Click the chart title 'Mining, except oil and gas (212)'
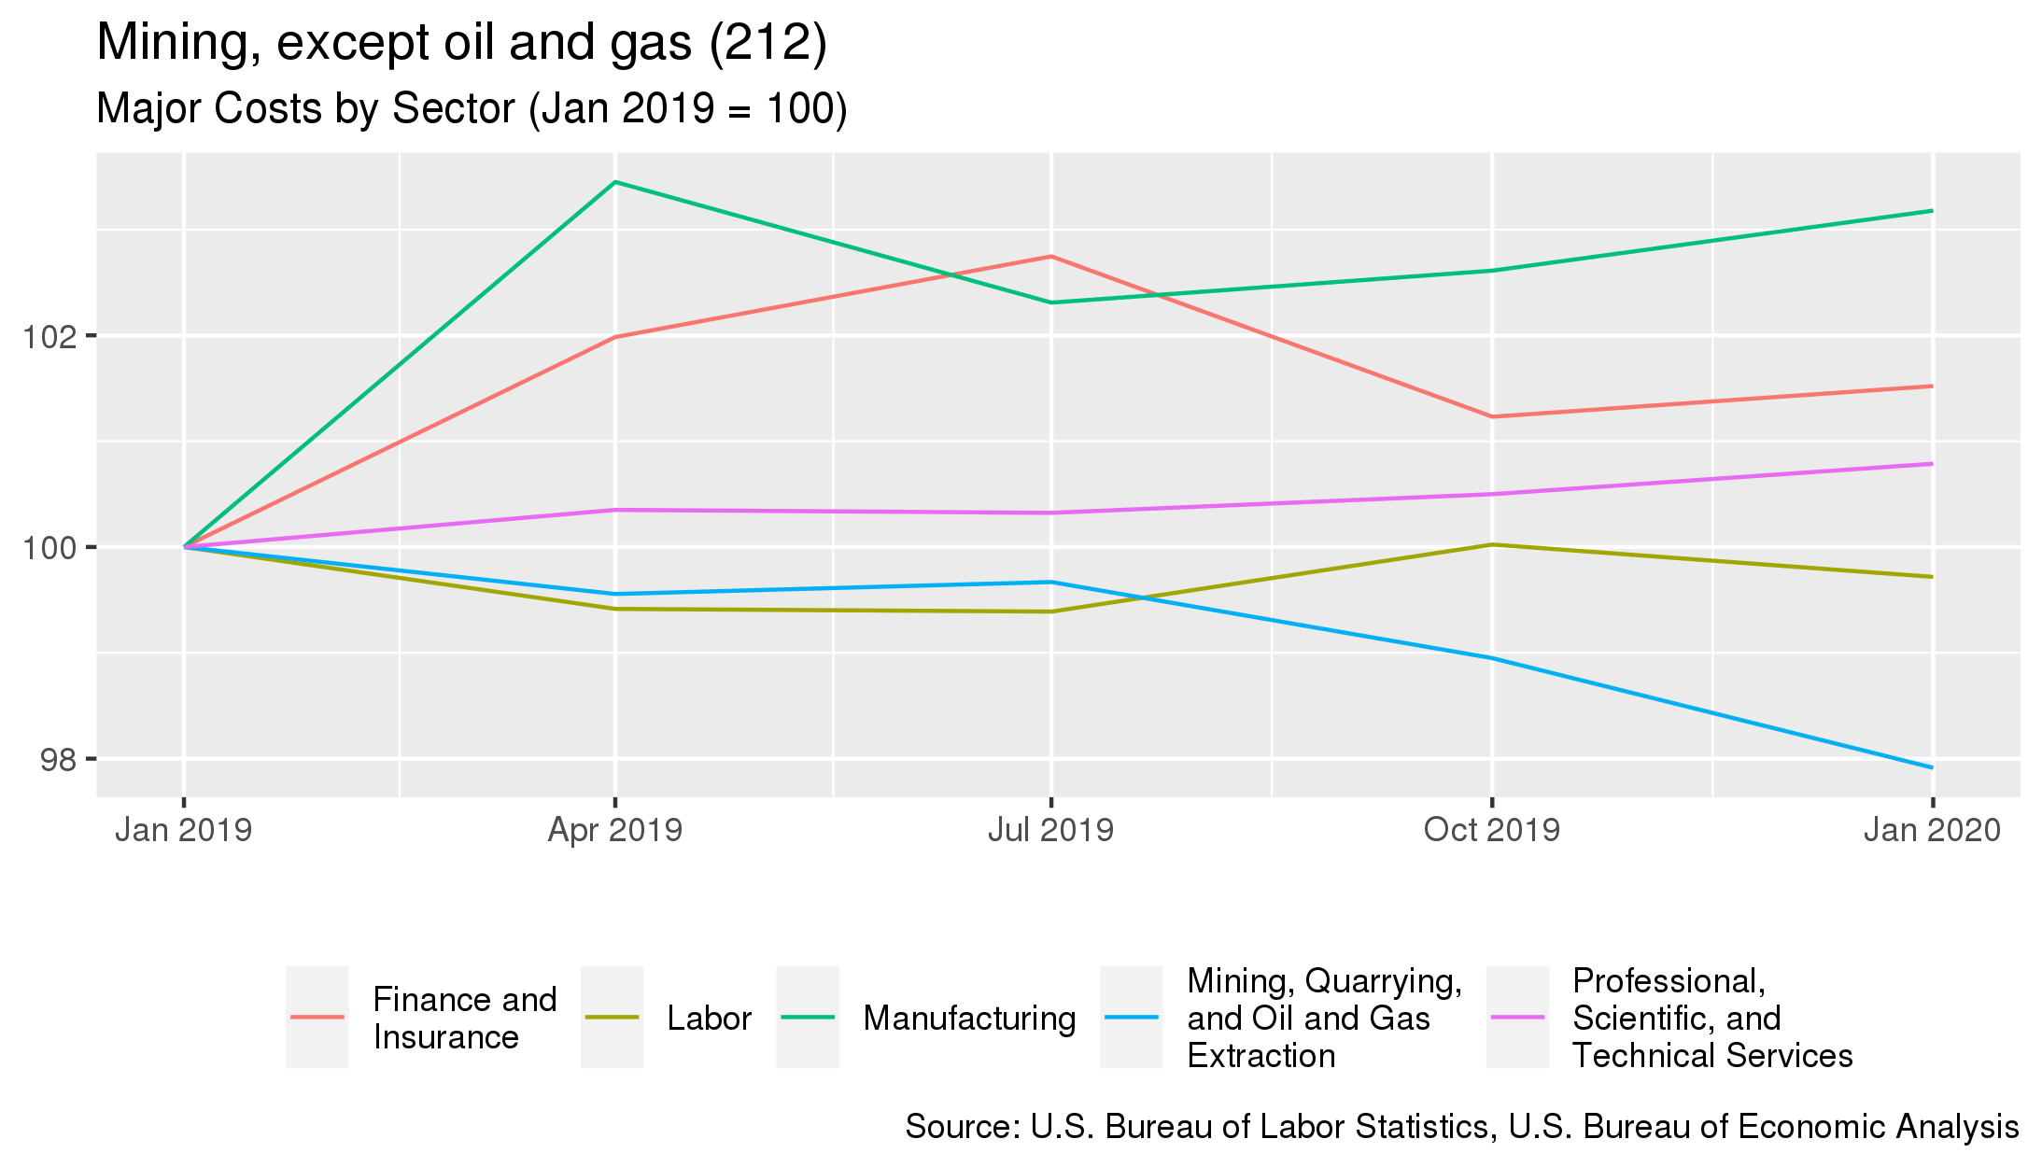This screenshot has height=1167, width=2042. pyautogui.click(x=461, y=43)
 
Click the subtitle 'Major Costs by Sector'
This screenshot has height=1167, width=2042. pyautogui.click(x=472, y=108)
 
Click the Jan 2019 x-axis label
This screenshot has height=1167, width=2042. pyautogui.click(x=183, y=830)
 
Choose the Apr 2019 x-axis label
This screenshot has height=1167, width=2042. pyautogui.click(x=614, y=830)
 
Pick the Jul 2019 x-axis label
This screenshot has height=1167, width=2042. pyautogui.click(x=1050, y=830)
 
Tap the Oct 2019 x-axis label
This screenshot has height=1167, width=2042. pyautogui.click(x=1491, y=830)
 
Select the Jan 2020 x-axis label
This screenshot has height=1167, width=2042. pyautogui.click(x=1932, y=830)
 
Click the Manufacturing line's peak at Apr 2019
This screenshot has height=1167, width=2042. pyautogui.click(x=614, y=182)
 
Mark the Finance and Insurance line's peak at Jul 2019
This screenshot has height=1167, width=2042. pyautogui.click(x=1051, y=256)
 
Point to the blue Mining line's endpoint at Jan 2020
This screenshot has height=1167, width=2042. pyautogui.click(x=1932, y=767)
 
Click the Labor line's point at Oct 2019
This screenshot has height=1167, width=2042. pyautogui.click(x=1492, y=544)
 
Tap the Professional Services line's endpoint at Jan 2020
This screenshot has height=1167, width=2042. pyautogui.click(x=1932, y=464)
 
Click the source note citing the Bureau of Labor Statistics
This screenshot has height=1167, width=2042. pyautogui.click(x=1461, y=1127)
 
